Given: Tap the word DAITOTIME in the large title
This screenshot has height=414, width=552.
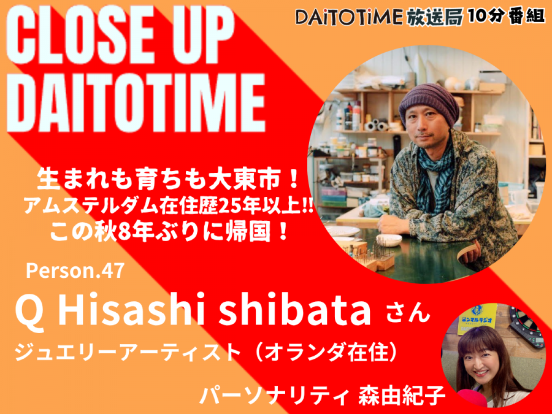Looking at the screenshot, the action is [x=136, y=102].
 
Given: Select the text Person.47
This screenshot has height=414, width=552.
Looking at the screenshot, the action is [x=75, y=270].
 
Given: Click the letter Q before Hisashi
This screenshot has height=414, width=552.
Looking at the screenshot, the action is [x=31, y=311].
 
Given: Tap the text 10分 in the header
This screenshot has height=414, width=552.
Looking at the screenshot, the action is [x=487, y=16].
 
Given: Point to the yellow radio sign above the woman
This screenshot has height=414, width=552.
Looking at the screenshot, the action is [x=477, y=319].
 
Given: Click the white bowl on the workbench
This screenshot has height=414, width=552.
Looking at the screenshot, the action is [x=389, y=240].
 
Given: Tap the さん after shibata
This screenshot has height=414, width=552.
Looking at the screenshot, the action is [x=408, y=313].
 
